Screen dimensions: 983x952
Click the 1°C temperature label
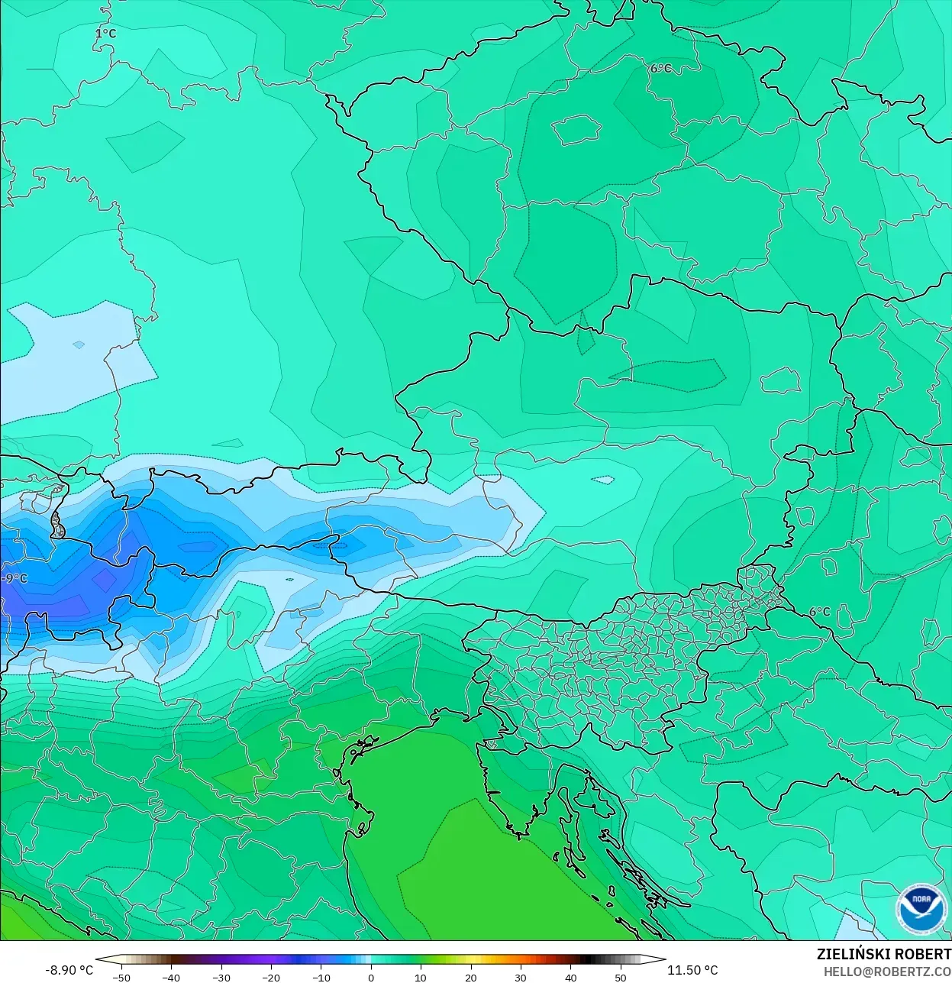point(105,34)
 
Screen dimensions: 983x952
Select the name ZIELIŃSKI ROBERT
point(883,954)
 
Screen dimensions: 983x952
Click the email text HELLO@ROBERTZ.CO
point(887,972)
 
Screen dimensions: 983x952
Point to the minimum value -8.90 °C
point(69,970)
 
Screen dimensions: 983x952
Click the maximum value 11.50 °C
point(692,970)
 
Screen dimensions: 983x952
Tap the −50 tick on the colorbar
point(121,978)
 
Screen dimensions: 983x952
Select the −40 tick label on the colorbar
point(171,978)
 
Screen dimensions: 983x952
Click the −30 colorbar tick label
point(221,978)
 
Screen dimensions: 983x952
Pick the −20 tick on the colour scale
point(270,978)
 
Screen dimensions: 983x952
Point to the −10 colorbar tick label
point(321,978)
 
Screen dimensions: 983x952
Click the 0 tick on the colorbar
point(371,978)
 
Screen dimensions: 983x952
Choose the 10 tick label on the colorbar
point(421,978)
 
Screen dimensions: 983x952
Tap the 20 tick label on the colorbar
point(470,978)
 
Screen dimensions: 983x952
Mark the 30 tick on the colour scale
point(521,978)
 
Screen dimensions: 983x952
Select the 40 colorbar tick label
point(570,978)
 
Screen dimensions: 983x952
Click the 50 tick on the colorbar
point(621,978)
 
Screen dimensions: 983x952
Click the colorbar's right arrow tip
point(664,959)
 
